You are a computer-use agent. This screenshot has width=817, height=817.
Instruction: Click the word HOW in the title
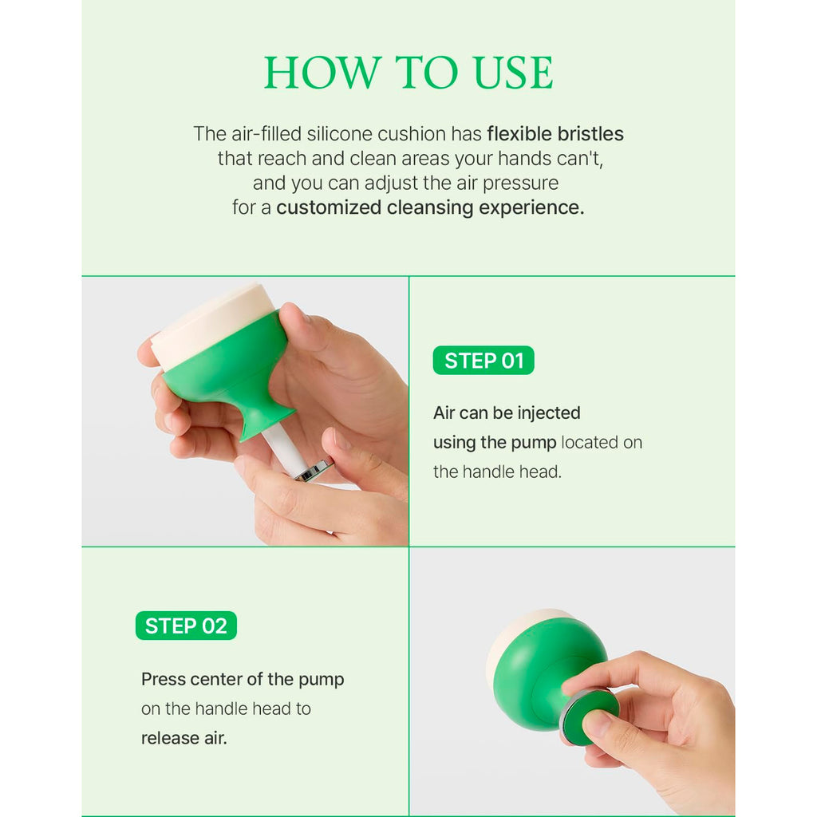pyautogui.click(x=322, y=73)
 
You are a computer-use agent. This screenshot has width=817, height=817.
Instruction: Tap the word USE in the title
pyautogui.click(x=513, y=73)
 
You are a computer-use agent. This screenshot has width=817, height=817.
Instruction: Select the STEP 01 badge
pyautogui.click(x=483, y=360)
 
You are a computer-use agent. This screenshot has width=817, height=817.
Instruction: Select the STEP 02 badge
pyautogui.click(x=186, y=626)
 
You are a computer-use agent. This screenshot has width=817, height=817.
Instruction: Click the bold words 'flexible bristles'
pyautogui.click(x=555, y=134)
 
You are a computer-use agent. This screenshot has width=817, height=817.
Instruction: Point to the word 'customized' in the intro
pyautogui.click(x=329, y=207)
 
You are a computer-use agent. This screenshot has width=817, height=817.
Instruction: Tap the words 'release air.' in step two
pyautogui.click(x=184, y=738)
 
